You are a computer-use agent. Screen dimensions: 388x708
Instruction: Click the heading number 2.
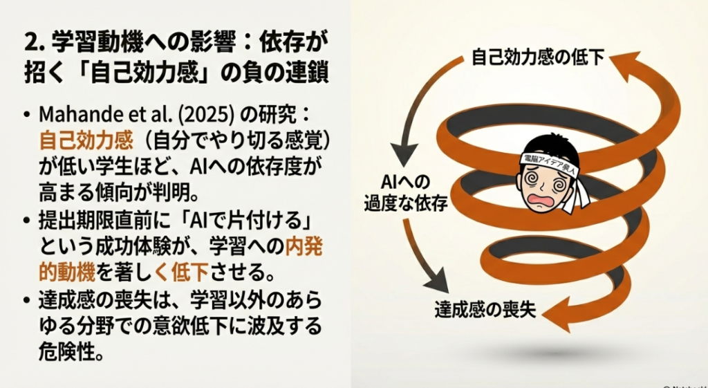[x=30, y=43]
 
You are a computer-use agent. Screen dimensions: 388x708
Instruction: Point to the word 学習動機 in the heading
[x=83, y=43]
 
